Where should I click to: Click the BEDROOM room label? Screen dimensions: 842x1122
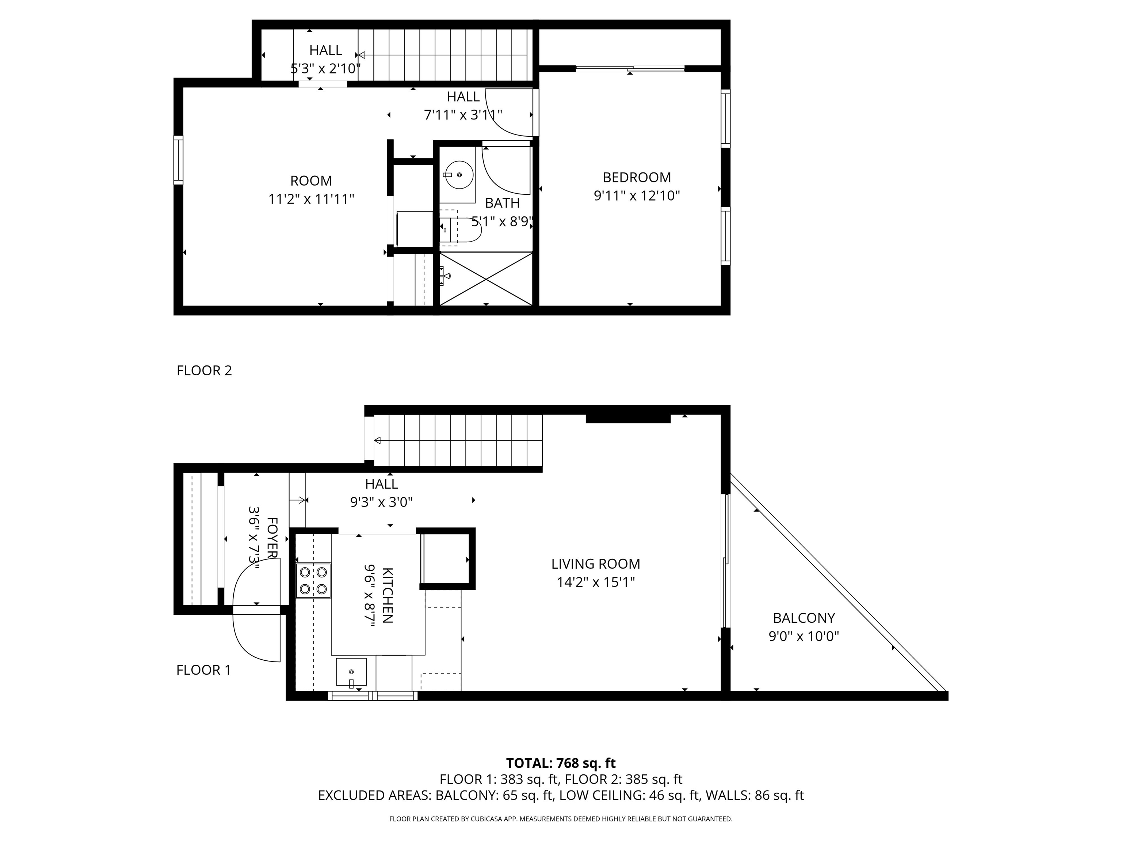pos(636,177)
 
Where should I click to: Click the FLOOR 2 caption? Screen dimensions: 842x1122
pos(204,371)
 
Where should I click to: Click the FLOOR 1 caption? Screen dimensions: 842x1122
pos(203,670)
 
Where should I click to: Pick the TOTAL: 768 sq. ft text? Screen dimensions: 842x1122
pos(561,763)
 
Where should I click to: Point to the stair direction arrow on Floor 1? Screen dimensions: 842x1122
pos(377,440)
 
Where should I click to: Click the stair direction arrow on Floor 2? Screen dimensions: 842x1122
pos(361,54)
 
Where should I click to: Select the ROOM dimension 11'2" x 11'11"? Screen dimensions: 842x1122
pos(311,199)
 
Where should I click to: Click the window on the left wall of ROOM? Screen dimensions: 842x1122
pos(178,160)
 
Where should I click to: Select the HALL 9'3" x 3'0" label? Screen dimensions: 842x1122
pos(381,493)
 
